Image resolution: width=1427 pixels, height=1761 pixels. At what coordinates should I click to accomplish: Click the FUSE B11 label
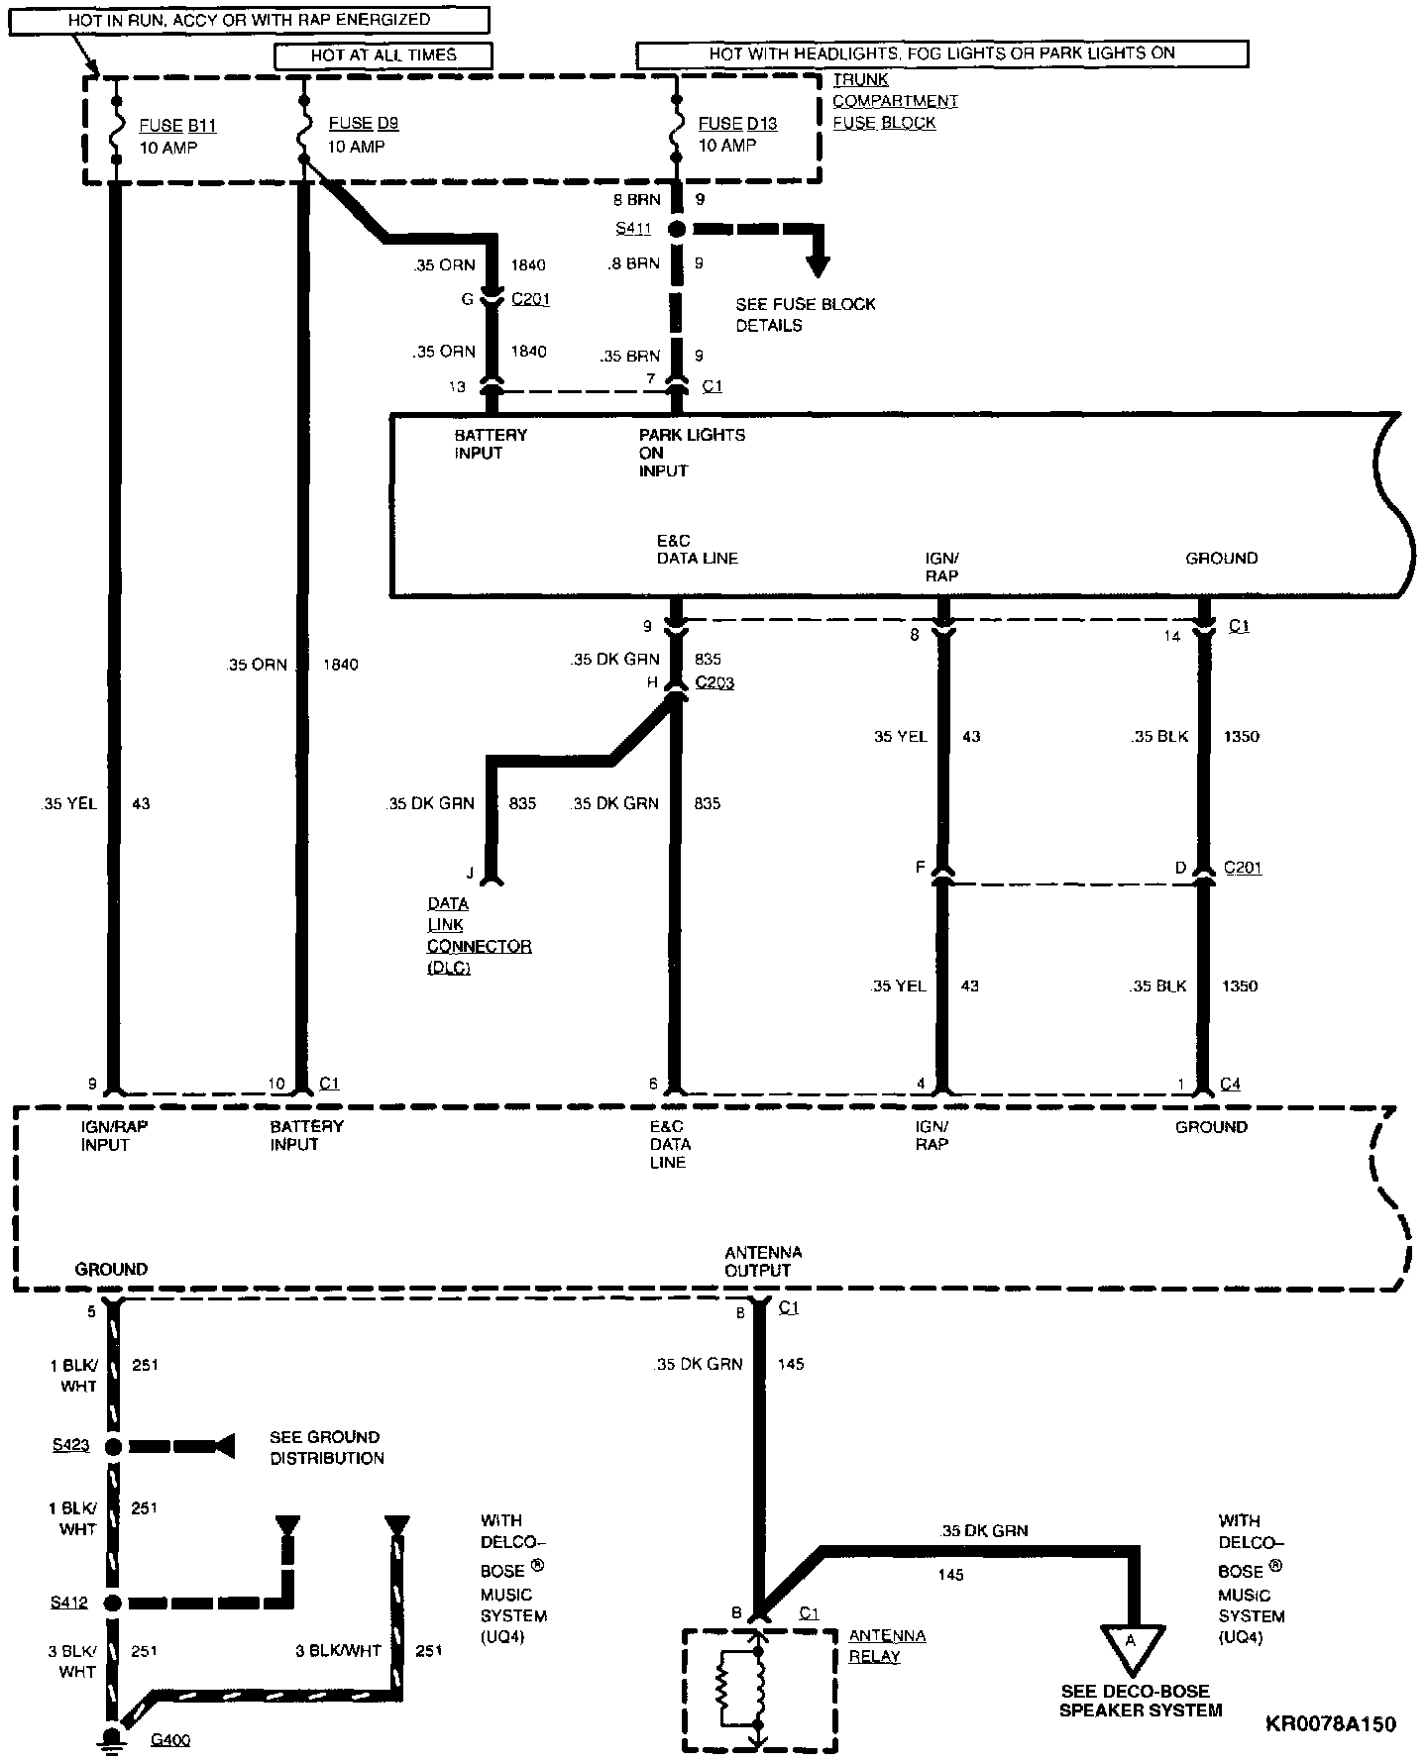(x=176, y=126)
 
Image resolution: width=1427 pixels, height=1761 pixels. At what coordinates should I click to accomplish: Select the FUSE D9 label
(x=363, y=124)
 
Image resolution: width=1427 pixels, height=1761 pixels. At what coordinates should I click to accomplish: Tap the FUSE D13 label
(x=737, y=124)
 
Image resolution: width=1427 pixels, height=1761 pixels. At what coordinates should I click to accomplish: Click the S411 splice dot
(x=677, y=229)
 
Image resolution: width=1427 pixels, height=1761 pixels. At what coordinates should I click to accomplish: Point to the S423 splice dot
(x=113, y=1446)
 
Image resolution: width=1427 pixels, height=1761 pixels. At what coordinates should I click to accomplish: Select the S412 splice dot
(x=113, y=1603)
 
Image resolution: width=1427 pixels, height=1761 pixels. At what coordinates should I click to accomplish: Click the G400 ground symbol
(x=113, y=1739)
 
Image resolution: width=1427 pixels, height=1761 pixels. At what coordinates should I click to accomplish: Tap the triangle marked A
(x=1130, y=1642)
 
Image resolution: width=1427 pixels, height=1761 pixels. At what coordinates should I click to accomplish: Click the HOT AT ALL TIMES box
(x=384, y=55)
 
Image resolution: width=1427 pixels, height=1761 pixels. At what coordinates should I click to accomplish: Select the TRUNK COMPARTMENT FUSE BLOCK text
(x=894, y=101)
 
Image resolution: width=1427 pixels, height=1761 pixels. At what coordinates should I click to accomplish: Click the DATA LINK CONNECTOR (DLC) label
(x=478, y=935)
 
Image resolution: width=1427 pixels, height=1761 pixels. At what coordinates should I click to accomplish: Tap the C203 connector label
(x=714, y=682)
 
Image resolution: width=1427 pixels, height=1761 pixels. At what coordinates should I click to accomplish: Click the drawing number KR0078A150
(x=1330, y=1724)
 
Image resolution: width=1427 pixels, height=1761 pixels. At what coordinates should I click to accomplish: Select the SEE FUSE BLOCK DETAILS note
(x=805, y=314)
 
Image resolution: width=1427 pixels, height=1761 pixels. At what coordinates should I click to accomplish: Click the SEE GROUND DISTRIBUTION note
(x=326, y=1447)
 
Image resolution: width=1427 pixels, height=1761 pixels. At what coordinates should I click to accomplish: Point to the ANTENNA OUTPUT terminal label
(x=762, y=1262)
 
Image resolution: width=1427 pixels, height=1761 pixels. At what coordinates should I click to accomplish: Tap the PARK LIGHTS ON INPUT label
(x=691, y=453)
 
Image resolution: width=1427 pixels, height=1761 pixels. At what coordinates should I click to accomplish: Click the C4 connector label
(x=1229, y=1084)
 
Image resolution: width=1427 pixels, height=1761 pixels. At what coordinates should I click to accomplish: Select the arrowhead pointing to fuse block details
(x=818, y=263)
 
